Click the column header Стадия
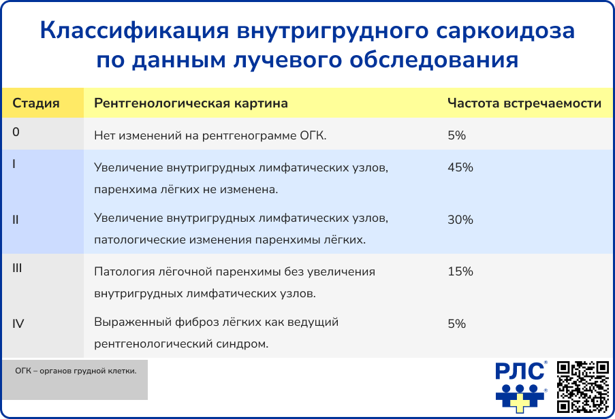[x=35, y=103]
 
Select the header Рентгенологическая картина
[x=191, y=103]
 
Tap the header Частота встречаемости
[x=524, y=103]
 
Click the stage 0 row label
[x=16, y=132]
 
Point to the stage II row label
[x=15, y=220]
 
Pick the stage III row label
[x=17, y=268]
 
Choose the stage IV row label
[x=18, y=324]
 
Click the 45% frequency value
[x=460, y=167]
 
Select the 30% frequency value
[x=460, y=220]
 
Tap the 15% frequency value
[x=460, y=271]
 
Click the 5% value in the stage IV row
[x=457, y=324]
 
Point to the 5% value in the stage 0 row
[x=457, y=135]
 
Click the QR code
[x=583, y=386]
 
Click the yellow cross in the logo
[x=520, y=402]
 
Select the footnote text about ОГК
[x=76, y=371]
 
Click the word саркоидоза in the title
[x=505, y=31]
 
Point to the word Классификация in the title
[x=134, y=31]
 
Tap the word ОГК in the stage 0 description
[x=313, y=135]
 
